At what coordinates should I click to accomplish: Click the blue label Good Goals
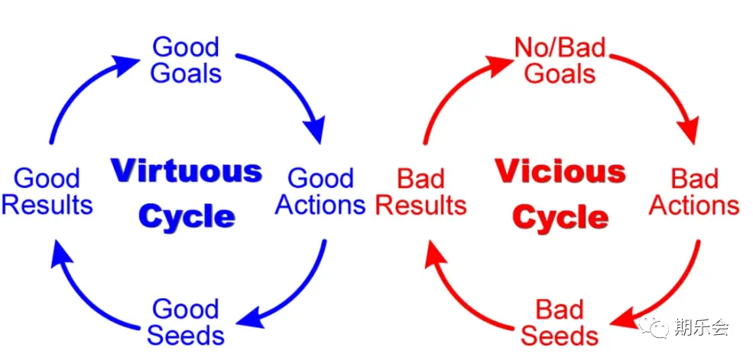point(187,60)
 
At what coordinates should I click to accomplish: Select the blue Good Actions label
point(320,192)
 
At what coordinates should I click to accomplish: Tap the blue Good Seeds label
point(186,322)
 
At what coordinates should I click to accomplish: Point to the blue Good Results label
point(47,192)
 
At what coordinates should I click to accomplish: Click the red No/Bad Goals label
point(560,60)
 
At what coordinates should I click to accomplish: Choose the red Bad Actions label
point(694,192)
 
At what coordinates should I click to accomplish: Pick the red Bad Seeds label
point(560,322)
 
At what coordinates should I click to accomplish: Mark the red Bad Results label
point(421,192)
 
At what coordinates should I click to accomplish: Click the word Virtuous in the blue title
point(187,170)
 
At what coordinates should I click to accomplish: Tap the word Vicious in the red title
point(560,170)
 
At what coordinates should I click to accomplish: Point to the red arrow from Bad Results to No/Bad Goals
point(451,88)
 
